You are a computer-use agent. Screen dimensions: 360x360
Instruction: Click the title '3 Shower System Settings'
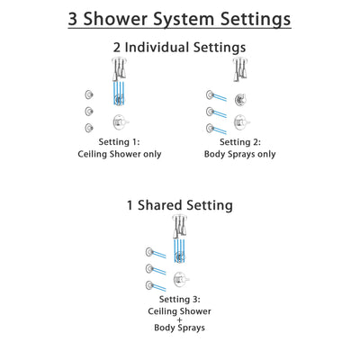click(180, 19)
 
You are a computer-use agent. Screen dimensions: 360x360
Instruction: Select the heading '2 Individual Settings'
click(180, 47)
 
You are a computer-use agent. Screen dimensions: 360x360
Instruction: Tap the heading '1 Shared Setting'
click(180, 205)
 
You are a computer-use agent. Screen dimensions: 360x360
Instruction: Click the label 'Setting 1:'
click(118, 141)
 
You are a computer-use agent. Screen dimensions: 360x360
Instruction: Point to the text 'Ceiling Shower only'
click(118, 155)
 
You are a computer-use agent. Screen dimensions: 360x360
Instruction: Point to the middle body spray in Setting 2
click(211, 111)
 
